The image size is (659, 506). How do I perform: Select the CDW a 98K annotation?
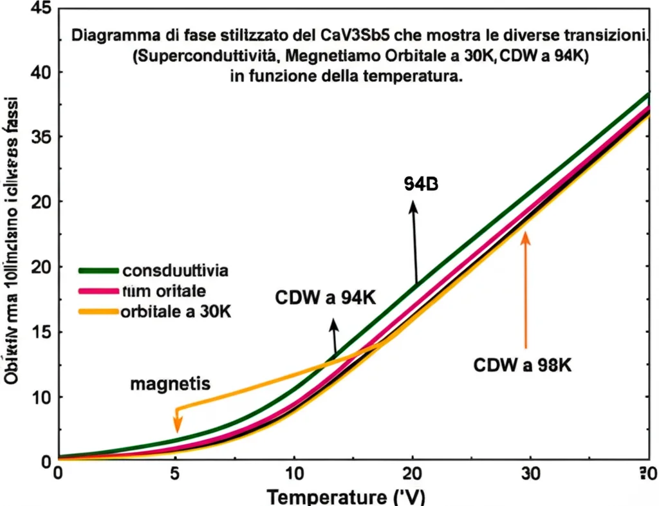click(x=523, y=366)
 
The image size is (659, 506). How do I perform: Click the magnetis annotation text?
click(x=170, y=384)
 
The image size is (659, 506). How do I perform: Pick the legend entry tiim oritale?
click(x=163, y=291)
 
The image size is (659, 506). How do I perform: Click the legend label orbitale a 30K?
click(x=176, y=312)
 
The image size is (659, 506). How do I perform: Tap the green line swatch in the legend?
click(x=98, y=270)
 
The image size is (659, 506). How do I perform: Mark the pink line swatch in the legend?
click(x=98, y=292)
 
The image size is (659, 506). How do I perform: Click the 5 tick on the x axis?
click(x=176, y=471)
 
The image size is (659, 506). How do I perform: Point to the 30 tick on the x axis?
click(x=531, y=471)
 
